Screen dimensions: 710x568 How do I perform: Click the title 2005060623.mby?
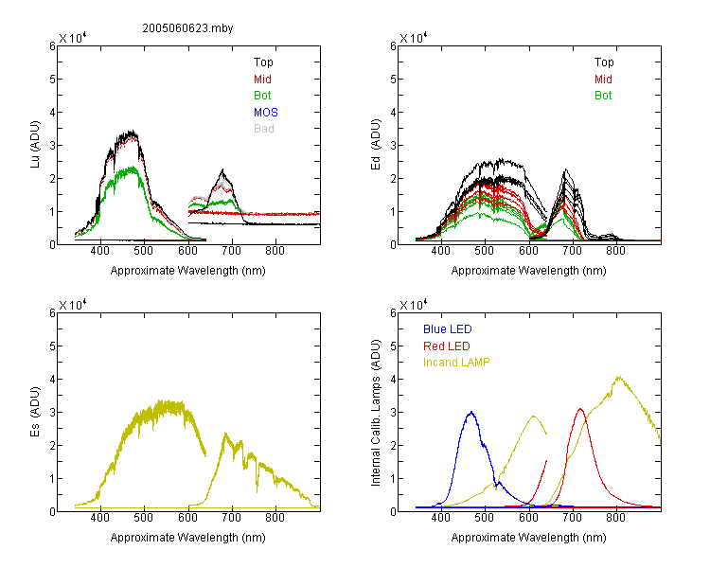click(187, 28)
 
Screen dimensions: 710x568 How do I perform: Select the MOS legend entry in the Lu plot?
click(266, 112)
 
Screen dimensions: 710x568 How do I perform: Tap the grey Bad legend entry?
click(264, 128)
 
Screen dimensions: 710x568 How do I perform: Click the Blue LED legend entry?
click(448, 328)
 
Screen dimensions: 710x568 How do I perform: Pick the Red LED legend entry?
click(447, 346)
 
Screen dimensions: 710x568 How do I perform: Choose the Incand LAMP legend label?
click(456, 363)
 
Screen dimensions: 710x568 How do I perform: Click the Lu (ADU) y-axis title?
click(35, 145)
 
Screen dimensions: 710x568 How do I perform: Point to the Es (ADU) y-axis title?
click(35, 412)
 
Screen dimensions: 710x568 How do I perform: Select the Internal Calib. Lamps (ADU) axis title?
click(376, 413)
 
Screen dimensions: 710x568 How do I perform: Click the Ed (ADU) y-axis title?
click(376, 145)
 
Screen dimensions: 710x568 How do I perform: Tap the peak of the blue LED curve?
click(471, 412)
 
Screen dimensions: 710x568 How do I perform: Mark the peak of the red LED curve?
click(580, 409)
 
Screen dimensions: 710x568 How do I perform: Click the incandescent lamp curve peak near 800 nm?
click(619, 377)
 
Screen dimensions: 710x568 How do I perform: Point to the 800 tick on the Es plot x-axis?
click(275, 518)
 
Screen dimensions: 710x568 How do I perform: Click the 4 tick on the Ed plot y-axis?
click(393, 112)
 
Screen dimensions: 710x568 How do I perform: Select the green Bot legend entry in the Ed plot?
click(603, 95)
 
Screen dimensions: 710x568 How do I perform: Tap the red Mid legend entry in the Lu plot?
click(262, 79)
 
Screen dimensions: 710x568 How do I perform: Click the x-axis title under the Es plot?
click(188, 537)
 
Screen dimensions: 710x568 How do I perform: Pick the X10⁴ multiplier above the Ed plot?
click(414, 38)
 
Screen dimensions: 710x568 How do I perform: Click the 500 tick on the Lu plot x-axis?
click(144, 251)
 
